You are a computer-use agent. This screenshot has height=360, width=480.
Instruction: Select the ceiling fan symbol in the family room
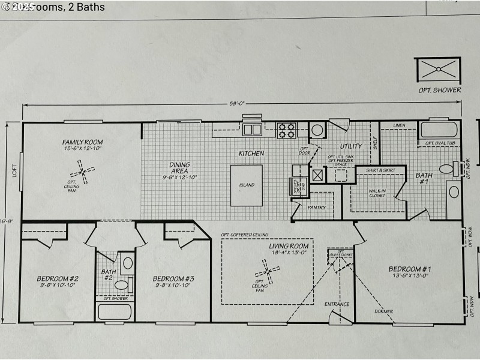[x=82, y=174]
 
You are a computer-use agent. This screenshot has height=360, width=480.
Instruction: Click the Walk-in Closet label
[x=377, y=193]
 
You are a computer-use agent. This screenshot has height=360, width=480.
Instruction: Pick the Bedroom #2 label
[x=58, y=278]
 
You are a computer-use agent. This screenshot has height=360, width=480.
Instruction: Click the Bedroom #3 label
[x=173, y=278]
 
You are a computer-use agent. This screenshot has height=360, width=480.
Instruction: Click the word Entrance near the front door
[x=337, y=304]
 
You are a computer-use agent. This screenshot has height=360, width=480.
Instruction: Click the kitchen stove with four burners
[x=286, y=128]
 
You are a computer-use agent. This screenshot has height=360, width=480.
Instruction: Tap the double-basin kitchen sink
[x=251, y=128]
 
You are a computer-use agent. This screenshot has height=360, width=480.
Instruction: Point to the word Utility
[x=352, y=146]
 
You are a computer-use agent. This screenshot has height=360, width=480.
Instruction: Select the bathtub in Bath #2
[x=115, y=311]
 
